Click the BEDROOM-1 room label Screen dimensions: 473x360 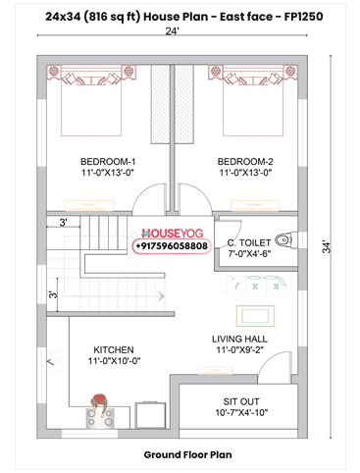click(x=108, y=161)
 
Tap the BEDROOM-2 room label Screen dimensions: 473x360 click(x=245, y=161)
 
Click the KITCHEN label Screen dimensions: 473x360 click(x=114, y=349)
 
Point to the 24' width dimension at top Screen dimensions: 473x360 click(x=174, y=32)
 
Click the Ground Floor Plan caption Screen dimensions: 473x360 click(x=186, y=455)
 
